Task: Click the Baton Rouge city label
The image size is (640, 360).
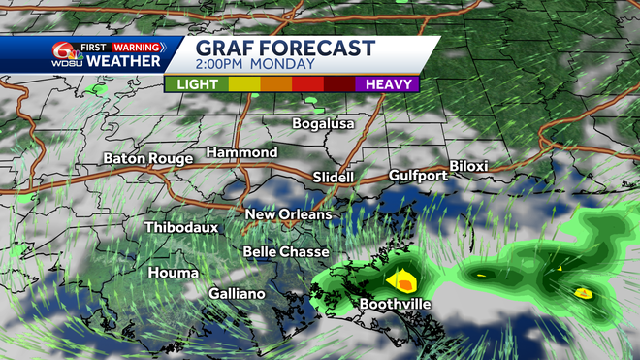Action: pyautogui.click(x=147, y=158)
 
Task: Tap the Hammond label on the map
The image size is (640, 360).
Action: pyautogui.click(x=241, y=153)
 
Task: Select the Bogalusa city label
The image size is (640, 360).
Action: pyautogui.click(x=324, y=124)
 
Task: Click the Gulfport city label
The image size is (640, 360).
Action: pyautogui.click(x=418, y=176)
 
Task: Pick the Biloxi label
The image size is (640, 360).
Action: pyautogui.click(x=468, y=167)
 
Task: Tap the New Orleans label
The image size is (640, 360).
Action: pyautogui.click(x=288, y=214)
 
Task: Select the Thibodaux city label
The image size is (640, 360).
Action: pyautogui.click(x=181, y=227)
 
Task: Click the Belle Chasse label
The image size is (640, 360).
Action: pyautogui.click(x=285, y=251)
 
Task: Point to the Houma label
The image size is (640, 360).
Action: pyautogui.click(x=173, y=273)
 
